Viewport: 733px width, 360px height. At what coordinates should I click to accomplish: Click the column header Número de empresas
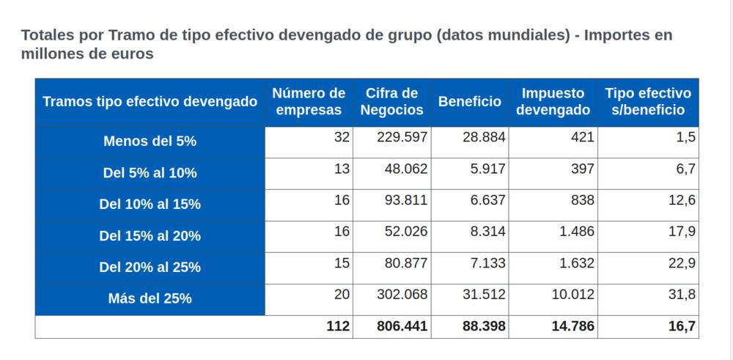[x=308, y=102]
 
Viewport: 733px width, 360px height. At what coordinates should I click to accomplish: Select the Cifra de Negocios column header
[x=391, y=102]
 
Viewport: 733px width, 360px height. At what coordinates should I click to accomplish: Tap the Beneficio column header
[x=470, y=102]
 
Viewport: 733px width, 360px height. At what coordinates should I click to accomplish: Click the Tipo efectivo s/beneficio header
[x=647, y=102]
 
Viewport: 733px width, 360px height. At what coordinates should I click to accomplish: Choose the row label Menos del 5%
[x=150, y=142]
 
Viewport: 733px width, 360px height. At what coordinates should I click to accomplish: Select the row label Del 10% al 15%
[x=150, y=205]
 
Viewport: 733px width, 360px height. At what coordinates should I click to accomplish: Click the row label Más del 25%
[x=150, y=298]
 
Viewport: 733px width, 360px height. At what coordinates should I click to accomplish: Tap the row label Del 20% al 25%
[x=150, y=267]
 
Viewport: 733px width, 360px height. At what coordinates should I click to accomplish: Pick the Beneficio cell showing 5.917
[x=487, y=169]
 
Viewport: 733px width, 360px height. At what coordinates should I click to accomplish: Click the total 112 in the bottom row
[x=338, y=326]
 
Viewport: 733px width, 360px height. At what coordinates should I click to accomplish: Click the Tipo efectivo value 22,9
[x=682, y=262]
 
